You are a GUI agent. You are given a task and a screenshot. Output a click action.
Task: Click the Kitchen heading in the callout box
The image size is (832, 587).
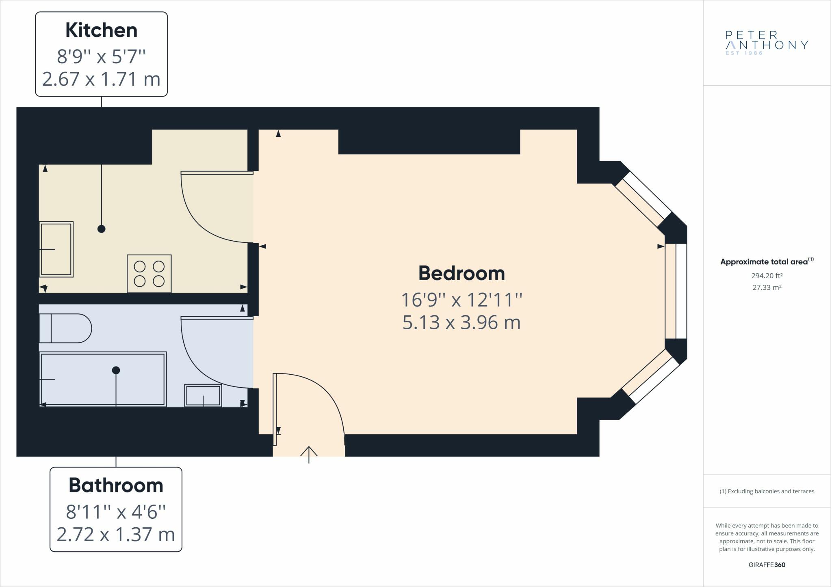(x=101, y=30)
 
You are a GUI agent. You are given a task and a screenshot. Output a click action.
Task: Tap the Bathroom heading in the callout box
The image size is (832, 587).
(x=116, y=485)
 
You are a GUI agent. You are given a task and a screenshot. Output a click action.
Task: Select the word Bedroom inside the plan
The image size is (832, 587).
(x=461, y=273)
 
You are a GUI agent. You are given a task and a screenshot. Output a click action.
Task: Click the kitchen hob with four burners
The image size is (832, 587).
(x=149, y=274)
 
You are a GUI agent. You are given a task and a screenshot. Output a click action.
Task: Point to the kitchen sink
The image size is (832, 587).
(x=56, y=249)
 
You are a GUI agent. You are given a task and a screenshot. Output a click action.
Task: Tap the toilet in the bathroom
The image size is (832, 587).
(x=65, y=328)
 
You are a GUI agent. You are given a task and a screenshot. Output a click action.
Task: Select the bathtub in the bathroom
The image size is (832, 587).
(x=103, y=379)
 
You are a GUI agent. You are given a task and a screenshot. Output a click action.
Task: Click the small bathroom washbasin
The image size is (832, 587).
(x=203, y=395)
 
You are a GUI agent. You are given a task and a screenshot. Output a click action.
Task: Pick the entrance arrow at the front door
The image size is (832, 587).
(x=309, y=455)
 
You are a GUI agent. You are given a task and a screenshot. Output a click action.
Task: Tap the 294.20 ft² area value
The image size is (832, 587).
(x=767, y=276)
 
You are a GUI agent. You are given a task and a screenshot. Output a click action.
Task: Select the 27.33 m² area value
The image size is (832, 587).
(x=767, y=287)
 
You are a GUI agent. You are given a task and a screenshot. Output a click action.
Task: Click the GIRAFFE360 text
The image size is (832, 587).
(x=767, y=565)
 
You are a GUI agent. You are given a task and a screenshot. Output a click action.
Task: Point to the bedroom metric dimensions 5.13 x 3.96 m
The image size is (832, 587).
(x=461, y=322)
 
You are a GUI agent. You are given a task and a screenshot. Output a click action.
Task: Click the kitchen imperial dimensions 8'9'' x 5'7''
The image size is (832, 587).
(x=101, y=56)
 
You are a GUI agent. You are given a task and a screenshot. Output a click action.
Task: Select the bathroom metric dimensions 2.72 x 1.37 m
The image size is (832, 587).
(x=116, y=534)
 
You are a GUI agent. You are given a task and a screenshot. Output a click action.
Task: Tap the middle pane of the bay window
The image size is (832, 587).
(x=676, y=291)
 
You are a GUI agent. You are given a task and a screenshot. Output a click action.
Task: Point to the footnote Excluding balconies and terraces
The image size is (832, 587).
(x=767, y=491)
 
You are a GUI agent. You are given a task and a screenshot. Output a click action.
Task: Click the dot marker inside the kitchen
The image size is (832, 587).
(x=102, y=229)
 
